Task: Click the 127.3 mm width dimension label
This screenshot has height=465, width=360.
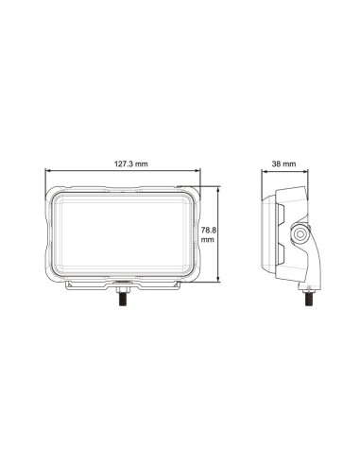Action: coord(130,164)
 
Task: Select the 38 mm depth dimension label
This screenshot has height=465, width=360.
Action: coord(283,164)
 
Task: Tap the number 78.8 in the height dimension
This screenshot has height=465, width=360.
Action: coord(209,230)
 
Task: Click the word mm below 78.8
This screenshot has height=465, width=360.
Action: coord(208,240)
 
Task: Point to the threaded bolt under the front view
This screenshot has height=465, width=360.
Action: coord(123,301)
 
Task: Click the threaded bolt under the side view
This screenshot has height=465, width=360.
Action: coord(308,300)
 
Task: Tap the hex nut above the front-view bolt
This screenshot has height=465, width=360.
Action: coord(123,290)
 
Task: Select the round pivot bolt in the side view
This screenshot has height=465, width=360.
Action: coord(299,233)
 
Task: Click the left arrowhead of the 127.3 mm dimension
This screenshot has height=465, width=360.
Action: coord(47,171)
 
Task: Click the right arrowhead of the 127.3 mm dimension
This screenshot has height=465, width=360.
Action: coord(197,171)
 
